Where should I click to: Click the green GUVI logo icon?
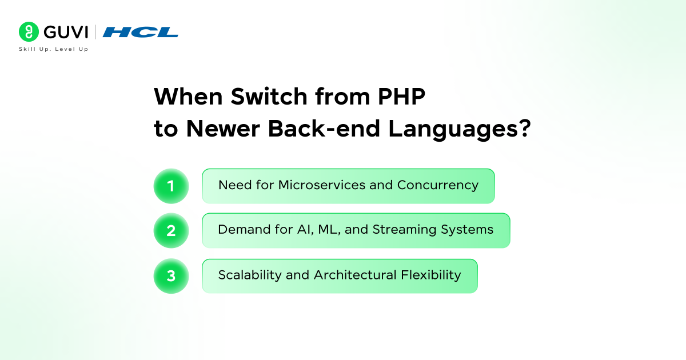[x=28, y=32]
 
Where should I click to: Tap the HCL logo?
[x=141, y=33]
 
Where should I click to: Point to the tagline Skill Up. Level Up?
[x=54, y=49]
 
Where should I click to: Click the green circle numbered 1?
[x=171, y=186]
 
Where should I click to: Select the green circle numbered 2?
[x=171, y=230]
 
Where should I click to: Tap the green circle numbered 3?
[x=171, y=276]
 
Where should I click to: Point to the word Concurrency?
[x=437, y=185]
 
